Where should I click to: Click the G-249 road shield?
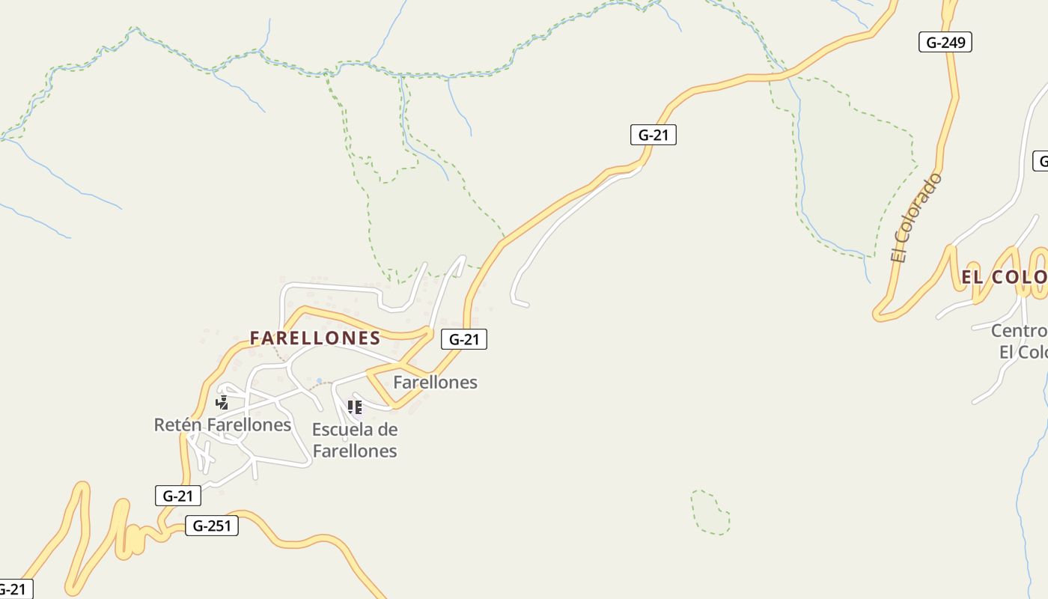coord(945,43)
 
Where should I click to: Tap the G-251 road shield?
coord(212,526)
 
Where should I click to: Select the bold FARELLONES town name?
coord(315,338)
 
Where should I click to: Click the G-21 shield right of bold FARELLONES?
coord(464,339)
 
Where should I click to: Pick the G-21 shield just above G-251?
coord(177,496)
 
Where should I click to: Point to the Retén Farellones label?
coord(222,425)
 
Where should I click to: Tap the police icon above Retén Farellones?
coord(222,403)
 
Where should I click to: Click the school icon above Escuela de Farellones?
coord(355,407)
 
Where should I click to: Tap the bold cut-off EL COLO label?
coord(1004,277)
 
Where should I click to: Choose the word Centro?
coord(1018,331)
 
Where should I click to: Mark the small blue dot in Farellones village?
coord(320,381)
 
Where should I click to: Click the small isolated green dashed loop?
coord(710,512)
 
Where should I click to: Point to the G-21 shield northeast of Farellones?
coord(653,135)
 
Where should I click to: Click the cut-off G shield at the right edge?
coord(1041,161)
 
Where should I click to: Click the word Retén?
coord(177,425)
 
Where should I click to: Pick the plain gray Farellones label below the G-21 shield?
coord(435,382)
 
